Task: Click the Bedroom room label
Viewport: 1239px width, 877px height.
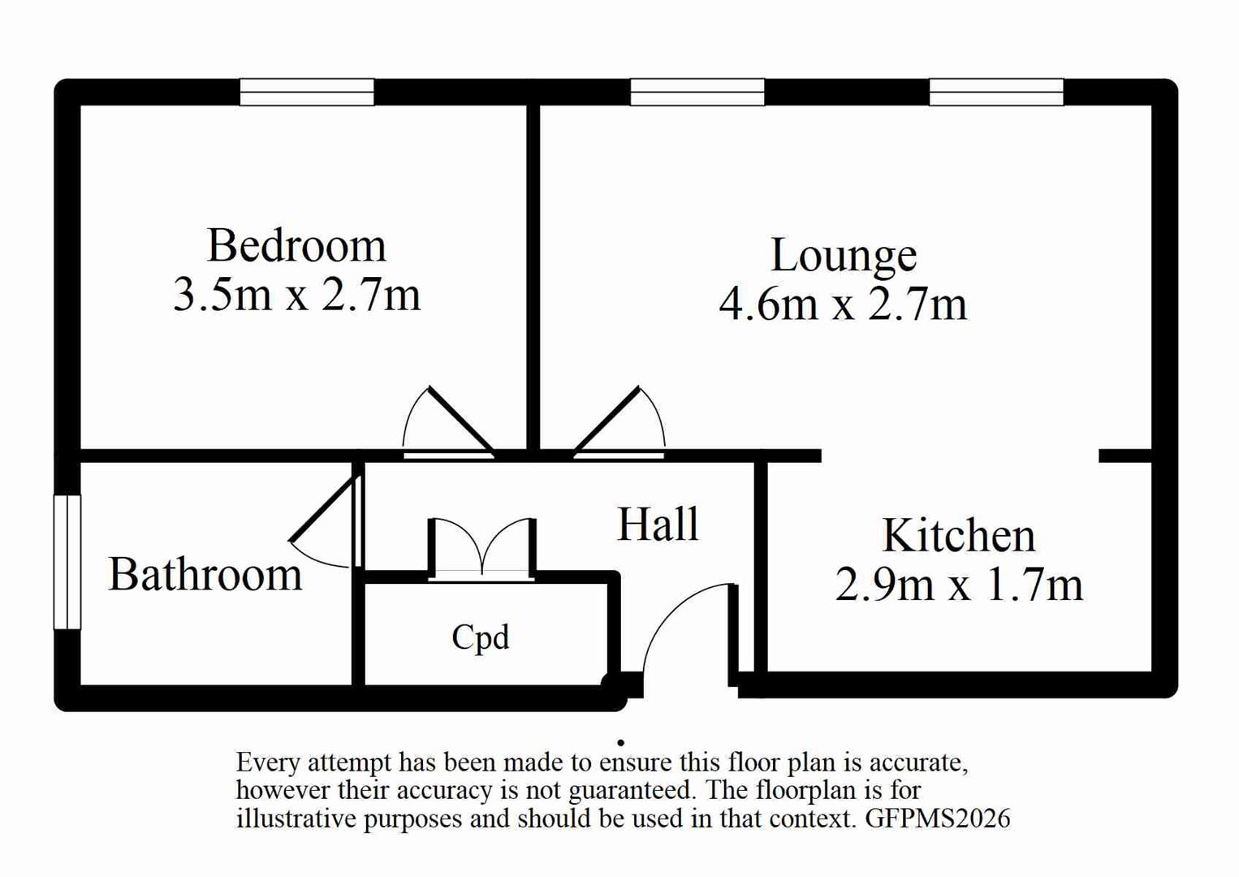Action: [x=296, y=245]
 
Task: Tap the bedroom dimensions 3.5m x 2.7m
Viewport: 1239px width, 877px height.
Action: [x=296, y=294]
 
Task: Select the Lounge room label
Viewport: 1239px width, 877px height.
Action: [x=844, y=256]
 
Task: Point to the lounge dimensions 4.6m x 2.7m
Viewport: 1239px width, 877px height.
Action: [x=844, y=305]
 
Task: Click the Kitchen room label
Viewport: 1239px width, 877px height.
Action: [x=959, y=536]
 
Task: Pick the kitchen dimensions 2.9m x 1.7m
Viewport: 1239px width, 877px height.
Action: [x=959, y=585]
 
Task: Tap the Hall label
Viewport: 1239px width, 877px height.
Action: [x=658, y=524]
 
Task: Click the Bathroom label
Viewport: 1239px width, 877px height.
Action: [x=205, y=575]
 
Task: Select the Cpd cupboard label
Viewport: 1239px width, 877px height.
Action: [x=481, y=637]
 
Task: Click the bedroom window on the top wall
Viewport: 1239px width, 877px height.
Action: [x=307, y=92]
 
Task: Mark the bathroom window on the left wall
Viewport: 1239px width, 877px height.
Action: [x=67, y=562]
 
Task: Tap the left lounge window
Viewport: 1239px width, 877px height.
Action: [x=697, y=92]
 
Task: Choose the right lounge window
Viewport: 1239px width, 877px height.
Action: [x=996, y=92]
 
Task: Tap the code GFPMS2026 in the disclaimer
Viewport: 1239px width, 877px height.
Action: [x=938, y=818]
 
